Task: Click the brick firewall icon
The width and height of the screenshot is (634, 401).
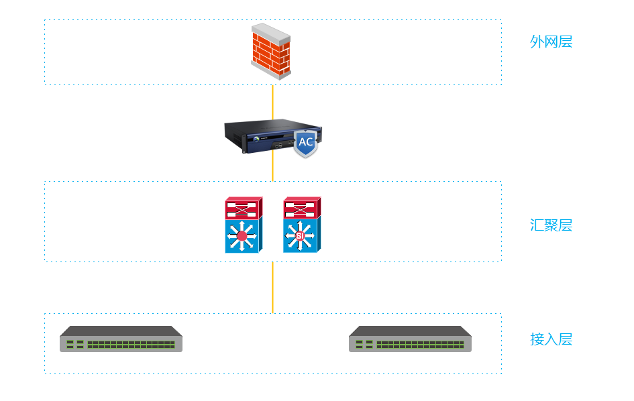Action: (271, 52)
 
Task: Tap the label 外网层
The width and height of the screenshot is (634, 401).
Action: (551, 42)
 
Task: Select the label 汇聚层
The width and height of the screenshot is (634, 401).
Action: (551, 225)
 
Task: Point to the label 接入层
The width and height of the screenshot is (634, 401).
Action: (551, 339)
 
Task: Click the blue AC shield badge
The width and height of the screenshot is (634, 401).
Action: (305, 143)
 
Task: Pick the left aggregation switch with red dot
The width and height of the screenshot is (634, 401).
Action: (243, 225)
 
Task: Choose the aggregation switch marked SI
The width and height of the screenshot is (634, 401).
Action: (301, 225)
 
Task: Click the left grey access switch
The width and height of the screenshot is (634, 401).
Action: (121, 339)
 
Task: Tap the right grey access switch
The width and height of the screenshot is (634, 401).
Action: (410, 339)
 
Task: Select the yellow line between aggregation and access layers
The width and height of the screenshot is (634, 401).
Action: (272, 287)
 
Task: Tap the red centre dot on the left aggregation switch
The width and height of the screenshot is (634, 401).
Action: (242, 235)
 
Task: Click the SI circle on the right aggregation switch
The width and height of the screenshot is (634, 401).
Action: (300, 236)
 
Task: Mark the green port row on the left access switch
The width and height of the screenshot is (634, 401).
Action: (131, 344)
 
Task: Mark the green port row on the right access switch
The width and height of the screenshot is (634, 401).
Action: (420, 344)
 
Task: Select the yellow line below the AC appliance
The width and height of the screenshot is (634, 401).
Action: (272, 168)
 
